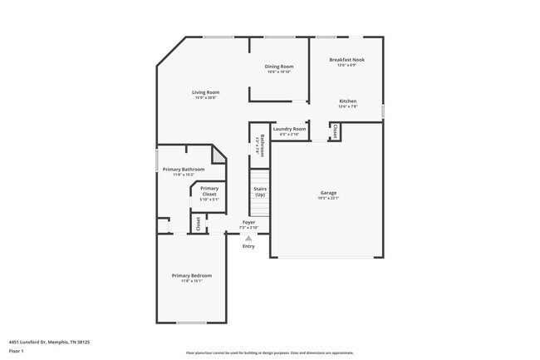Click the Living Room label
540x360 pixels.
click(206, 91)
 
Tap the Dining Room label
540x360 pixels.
click(279, 67)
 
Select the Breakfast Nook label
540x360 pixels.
click(346, 60)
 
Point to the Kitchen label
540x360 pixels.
click(347, 101)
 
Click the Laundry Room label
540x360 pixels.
click(289, 129)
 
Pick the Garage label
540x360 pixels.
click(328, 193)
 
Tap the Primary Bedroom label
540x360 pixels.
click(192, 275)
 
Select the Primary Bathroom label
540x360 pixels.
click(184, 169)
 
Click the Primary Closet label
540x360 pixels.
click(209, 190)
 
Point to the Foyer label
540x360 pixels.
click(248, 222)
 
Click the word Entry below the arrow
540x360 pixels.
click(248, 246)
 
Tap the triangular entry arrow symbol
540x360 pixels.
click(248, 238)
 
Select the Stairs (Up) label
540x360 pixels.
click(260, 191)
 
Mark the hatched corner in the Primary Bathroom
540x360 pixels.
click(218, 154)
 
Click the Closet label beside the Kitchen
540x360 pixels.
click(335, 131)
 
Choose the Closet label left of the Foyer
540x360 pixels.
click(198, 223)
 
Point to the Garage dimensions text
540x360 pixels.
click(328, 199)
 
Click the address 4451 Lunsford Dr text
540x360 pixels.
click(42, 342)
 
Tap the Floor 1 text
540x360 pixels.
click(17, 352)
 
